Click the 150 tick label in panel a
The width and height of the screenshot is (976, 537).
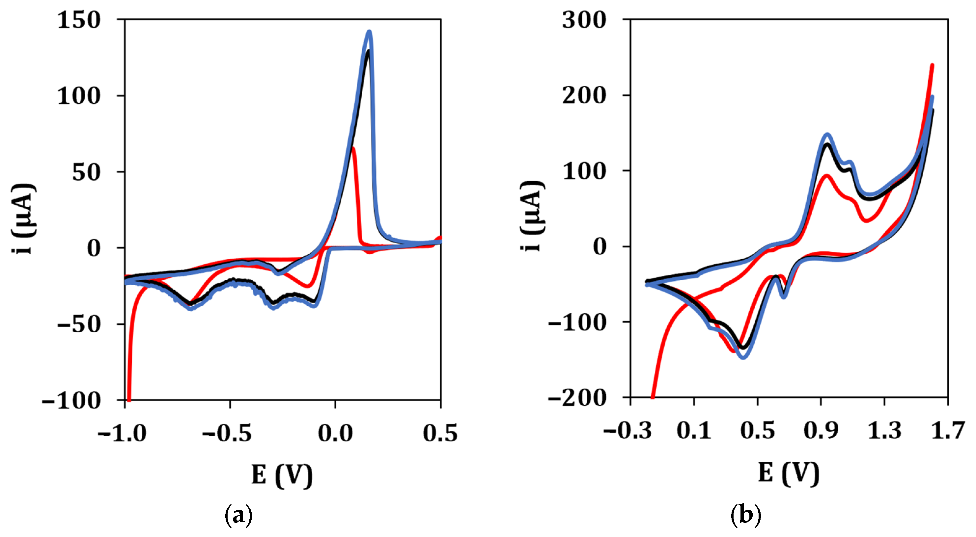pos(79,20)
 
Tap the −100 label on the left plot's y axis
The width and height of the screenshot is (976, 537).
pos(71,400)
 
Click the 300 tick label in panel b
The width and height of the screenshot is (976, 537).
pos(584,20)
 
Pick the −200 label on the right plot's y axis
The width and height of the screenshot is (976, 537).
pos(577,398)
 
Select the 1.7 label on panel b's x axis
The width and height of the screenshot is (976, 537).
pos(947,430)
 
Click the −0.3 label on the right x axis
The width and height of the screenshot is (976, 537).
pos(627,430)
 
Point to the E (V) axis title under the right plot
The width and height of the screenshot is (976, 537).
pos(789,473)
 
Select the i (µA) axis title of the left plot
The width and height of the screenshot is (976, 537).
pos(23,219)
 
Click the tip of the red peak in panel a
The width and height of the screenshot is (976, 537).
pos(353,148)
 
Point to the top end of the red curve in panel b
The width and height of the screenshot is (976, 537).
pos(932,65)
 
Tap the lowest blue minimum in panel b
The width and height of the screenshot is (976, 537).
pos(743,357)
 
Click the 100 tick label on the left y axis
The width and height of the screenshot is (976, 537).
pos(79,96)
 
